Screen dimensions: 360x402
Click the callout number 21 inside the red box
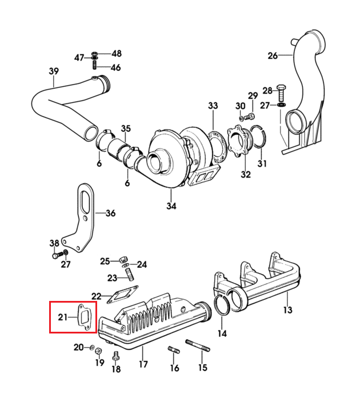(x=63, y=317)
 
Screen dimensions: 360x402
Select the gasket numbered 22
(x=122, y=294)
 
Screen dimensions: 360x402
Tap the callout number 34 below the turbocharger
(x=171, y=206)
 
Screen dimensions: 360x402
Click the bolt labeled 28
(x=282, y=93)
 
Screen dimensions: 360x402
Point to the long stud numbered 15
(x=198, y=345)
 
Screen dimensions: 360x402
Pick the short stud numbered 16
(x=174, y=349)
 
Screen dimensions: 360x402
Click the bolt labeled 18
(x=116, y=356)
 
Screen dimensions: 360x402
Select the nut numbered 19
(x=98, y=351)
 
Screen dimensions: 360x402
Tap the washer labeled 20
(x=92, y=348)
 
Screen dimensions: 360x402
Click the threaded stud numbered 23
(x=130, y=275)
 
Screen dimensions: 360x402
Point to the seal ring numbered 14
(x=222, y=305)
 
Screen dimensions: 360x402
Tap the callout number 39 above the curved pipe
(x=54, y=71)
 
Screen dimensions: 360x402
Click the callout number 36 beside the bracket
(x=111, y=213)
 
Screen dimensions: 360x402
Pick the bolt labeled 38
(x=58, y=255)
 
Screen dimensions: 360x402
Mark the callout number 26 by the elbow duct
(x=273, y=55)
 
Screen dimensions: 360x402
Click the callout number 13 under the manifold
(x=287, y=309)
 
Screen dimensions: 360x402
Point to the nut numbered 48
(x=94, y=54)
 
